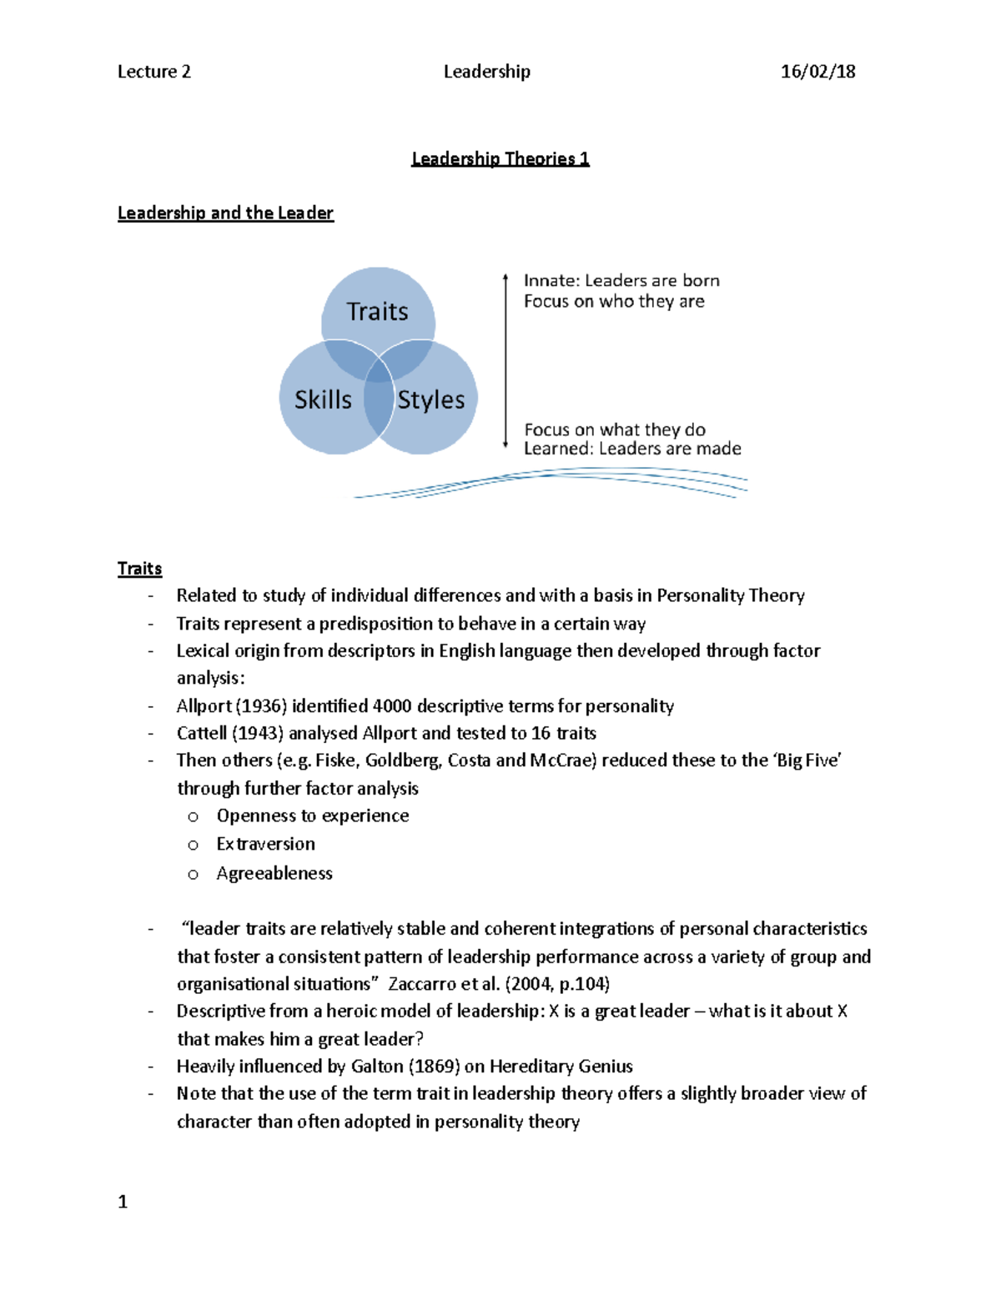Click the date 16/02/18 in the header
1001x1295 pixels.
click(817, 72)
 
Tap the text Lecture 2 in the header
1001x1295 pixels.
click(154, 72)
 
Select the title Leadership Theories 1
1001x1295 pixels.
click(500, 158)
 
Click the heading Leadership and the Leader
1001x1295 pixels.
click(225, 213)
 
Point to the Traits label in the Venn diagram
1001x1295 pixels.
click(377, 311)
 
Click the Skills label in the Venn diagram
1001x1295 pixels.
click(323, 399)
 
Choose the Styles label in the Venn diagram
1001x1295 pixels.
click(430, 399)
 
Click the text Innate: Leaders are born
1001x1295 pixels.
click(621, 280)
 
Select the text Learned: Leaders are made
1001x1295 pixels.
click(632, 449)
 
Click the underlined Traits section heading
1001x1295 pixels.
click(139, 569)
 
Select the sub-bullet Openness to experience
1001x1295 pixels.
click(313, 816)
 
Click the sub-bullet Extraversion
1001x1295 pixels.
click(265, 844)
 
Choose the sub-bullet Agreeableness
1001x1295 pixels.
click(274, 873)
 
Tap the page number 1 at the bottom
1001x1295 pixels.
click(123, 1202)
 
